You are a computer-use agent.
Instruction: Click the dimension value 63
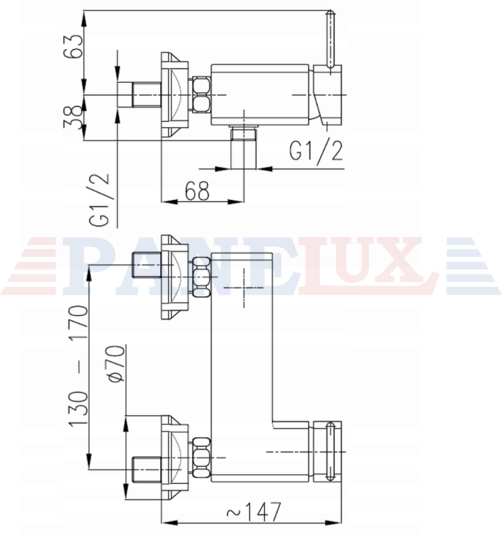pos(73,46)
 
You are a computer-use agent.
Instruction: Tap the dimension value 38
pos(73,117)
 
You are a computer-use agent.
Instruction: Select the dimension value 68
pos(197,191)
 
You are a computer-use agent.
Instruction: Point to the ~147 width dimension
pos(254,511)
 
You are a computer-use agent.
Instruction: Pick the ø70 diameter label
pos(115,363)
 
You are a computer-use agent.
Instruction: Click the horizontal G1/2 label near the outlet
pos(316,151)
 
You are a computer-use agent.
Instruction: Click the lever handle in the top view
pos(330,41)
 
